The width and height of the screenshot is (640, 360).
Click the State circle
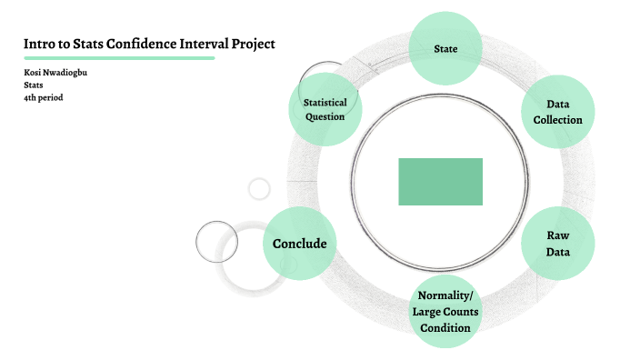pos(445,49)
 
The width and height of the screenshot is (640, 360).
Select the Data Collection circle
pos(557,112)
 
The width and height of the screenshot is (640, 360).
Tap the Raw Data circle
pos(557,243)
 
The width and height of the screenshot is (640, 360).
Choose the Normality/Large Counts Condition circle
pos(445,311)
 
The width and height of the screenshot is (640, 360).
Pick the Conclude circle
pos(299,243)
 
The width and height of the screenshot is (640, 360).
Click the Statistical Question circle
pos(325,110)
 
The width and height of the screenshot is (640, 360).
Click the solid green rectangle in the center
pos(440,181)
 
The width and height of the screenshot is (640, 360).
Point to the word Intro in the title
pos(38,44)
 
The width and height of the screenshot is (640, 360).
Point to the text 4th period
pos(43,96)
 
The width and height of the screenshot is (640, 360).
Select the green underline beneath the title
pos(119,58)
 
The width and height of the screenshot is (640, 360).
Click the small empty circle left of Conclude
pos(216,242)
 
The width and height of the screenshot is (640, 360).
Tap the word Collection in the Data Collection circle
pos(557,120)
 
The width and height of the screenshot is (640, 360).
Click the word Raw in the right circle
pos(557,235)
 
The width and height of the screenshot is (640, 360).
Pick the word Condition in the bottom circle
pos(445,327)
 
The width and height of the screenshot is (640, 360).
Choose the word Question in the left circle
pos(325,117)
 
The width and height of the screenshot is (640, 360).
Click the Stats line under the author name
pos(34,85)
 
